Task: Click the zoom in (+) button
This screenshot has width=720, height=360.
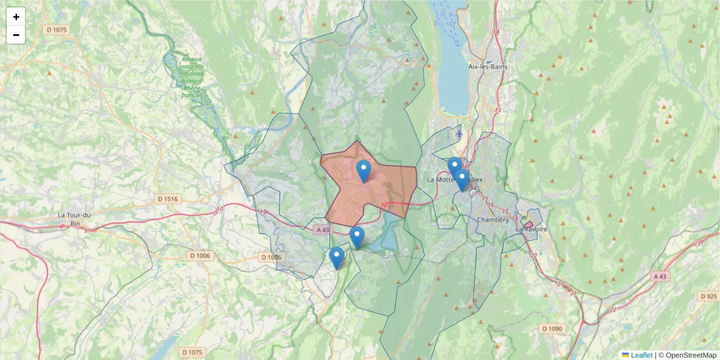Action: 16,17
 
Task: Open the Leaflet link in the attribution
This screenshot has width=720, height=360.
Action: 641,355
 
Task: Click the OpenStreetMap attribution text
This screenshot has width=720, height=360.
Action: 691,355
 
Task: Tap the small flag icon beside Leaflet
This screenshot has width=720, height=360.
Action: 625,355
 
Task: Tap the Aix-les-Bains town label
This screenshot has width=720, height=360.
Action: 488,67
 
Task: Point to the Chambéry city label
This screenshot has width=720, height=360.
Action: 493,220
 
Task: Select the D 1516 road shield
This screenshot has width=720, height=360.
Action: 169,199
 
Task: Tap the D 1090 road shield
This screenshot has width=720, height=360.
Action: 551,329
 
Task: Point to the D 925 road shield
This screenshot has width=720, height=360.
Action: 709,296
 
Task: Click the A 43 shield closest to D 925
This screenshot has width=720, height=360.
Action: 660,276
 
